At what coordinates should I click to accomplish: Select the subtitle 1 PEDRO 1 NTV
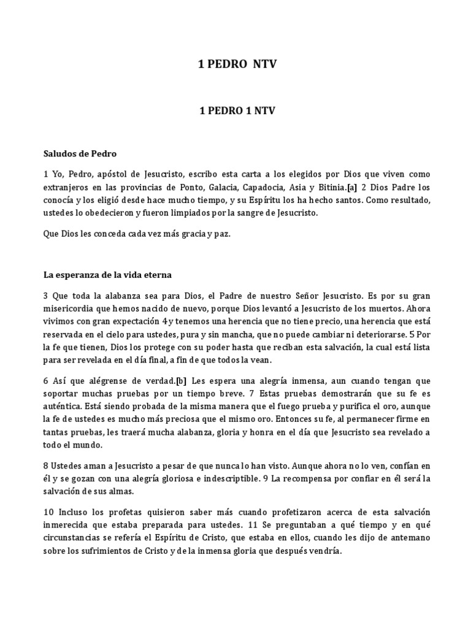[237, 111]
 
